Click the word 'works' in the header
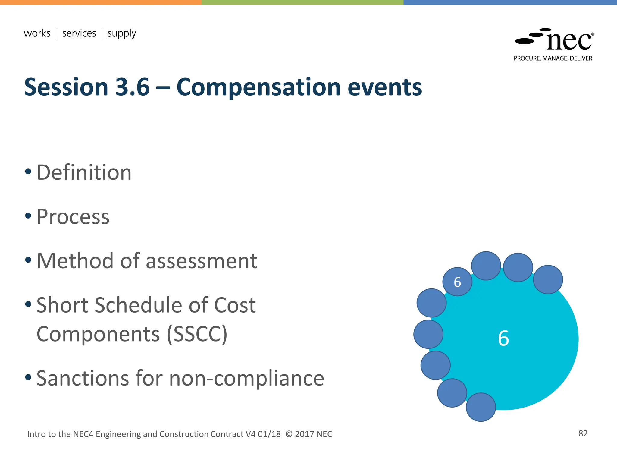[37, 33]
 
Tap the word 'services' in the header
[79, 33]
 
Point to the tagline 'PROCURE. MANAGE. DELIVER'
[553, 58]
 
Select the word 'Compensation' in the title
[258, 87]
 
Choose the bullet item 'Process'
[73, 217]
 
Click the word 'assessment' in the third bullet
[202, 261]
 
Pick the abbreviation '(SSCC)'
[197, 334]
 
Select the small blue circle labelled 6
[457, 282]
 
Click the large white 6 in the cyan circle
[503, 338]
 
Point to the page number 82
[583, 433]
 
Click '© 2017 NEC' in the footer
[309, 434]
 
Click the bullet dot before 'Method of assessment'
[28, 260]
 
